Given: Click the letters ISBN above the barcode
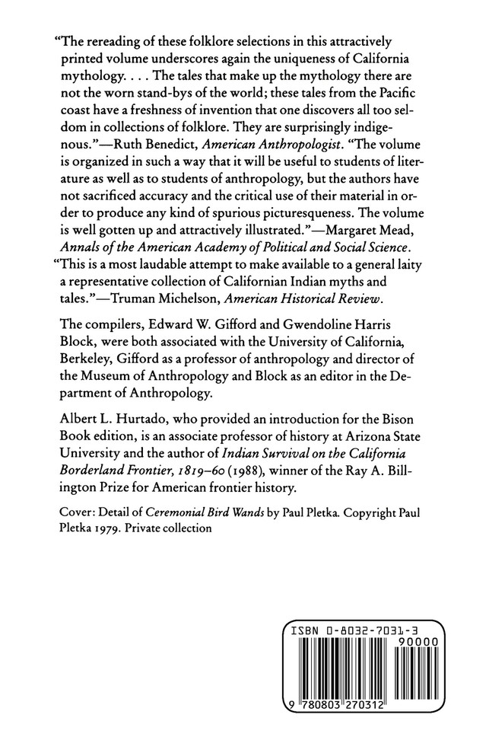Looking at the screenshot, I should click(303, 632).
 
